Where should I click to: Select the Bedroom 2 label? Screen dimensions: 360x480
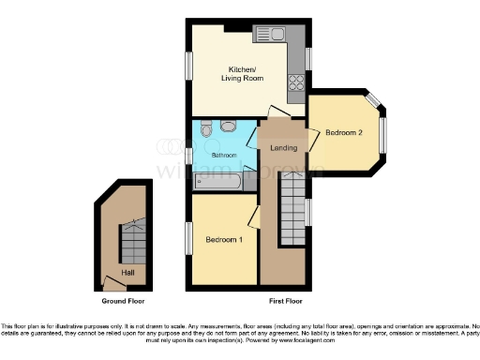[343, 133]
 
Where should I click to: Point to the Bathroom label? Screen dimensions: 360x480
[223, 155]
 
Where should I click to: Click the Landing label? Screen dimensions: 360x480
[283, 148]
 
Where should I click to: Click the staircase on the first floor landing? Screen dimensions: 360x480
[293, 211]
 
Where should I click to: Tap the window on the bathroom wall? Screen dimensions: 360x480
[188, 155]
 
